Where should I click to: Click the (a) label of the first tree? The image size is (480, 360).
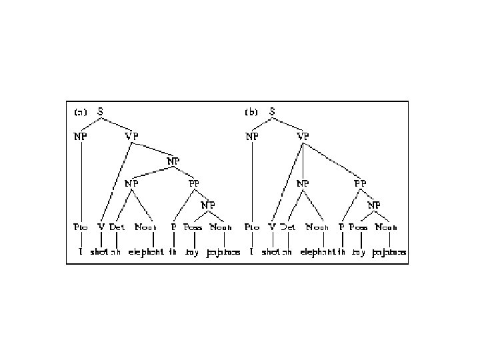(79, 112)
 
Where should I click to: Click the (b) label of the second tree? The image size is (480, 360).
(251, 112)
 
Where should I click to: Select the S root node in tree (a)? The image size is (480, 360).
(101, 111)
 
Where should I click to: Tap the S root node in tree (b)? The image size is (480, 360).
(273, 111)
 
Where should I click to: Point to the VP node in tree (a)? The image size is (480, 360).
(133, 136)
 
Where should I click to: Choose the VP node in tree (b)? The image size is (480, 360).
(303, 136)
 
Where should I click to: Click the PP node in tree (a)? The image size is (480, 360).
(194, 182)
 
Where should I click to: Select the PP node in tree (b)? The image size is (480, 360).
(361, 182)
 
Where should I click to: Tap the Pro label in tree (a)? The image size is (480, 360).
(80, 227)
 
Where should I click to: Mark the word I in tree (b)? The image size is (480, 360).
(251, 253)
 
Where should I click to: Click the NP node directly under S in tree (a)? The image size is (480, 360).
(80, 136)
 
